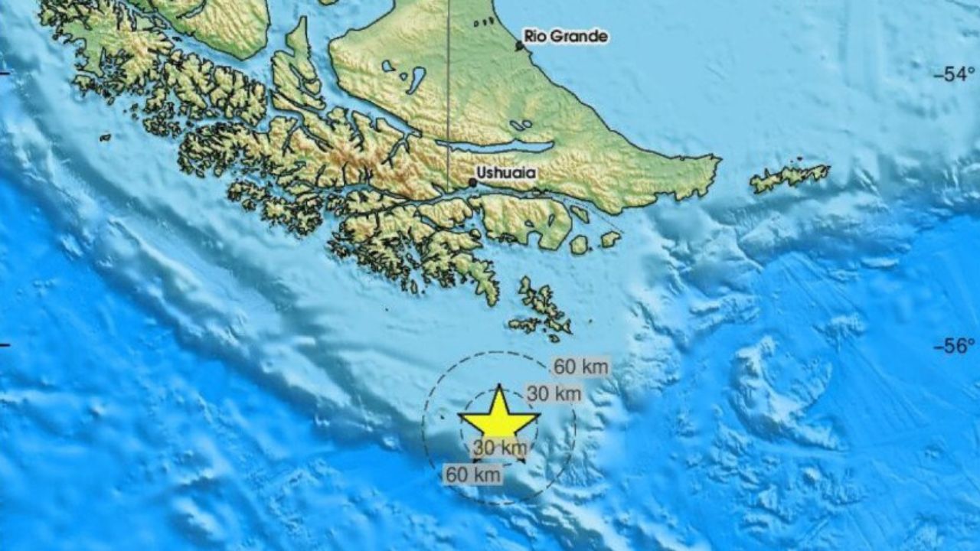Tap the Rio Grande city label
coord(566,36)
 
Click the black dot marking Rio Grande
coord(519,46)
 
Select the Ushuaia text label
coord(505,174)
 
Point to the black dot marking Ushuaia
coord(472,182)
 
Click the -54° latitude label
coord(952,74)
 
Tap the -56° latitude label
coord(952,346)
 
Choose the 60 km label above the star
coord(581,367)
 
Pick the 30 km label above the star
coord(554,394)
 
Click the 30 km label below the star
coord(500,448)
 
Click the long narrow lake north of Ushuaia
coord(505,146)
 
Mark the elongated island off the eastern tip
coord(789,177)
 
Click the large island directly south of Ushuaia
coord(521,218)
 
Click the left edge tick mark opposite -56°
coord(5,346)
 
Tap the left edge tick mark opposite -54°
coord(5,74)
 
